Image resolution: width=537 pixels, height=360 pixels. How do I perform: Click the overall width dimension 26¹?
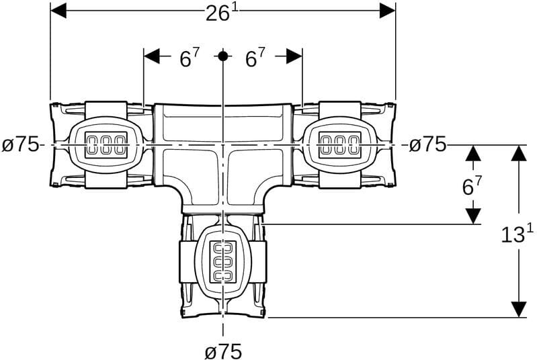(222, 13)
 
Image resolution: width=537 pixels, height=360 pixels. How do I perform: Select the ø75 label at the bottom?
(223, 351)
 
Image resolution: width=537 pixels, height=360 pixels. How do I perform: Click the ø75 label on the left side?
(21, 145)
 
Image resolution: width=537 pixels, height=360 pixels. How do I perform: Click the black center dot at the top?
(223, 56)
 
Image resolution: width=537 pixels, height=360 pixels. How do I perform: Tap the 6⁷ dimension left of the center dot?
(190, 58)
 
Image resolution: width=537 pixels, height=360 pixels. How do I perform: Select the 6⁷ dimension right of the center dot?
(255, 58)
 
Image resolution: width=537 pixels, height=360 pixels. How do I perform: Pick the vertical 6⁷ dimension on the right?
(472, 185)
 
